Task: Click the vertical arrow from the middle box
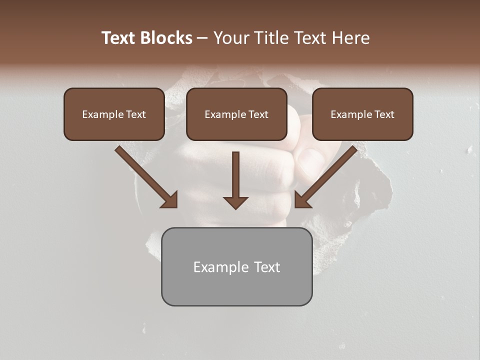235,180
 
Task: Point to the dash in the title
202,38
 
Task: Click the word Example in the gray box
220,267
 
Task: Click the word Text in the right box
383,114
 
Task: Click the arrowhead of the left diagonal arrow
170,200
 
